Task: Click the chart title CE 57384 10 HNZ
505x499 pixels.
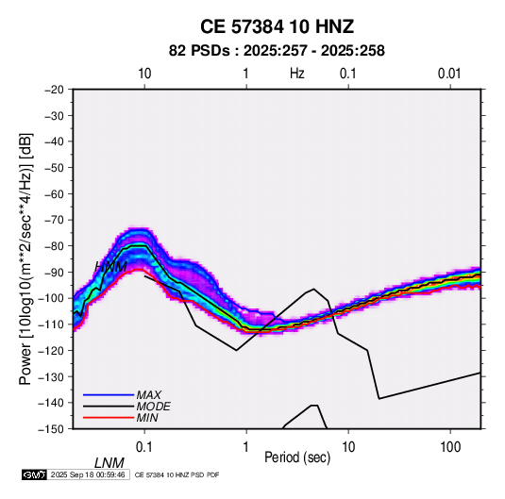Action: coord(277,26)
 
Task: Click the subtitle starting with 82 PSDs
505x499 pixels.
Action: coord(277,51)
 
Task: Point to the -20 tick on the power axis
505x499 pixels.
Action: coord(55,90)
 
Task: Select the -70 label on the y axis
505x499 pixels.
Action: coord(55,220)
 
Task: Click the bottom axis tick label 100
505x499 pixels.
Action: coord(450,447)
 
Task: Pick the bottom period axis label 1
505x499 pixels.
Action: coord(246,447)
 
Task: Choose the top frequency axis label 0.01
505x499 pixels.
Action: coord(449,74)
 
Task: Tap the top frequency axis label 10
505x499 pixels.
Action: coord(144,74)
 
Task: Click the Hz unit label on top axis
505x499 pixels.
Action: coord(297,74)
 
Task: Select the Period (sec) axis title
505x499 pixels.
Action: coord(297,457)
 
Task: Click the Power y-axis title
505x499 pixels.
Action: coord(25,259)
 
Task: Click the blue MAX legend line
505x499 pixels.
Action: coord(109,394)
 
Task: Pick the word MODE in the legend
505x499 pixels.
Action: coord(153,407)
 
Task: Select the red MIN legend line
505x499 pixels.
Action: coord(109,418)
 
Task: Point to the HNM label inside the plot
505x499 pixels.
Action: coord(110,267)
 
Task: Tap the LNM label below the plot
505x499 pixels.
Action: coord(109,463)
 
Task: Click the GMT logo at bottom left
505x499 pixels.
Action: coord(34,474)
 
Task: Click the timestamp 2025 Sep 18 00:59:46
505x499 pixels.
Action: coord(88,474)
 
